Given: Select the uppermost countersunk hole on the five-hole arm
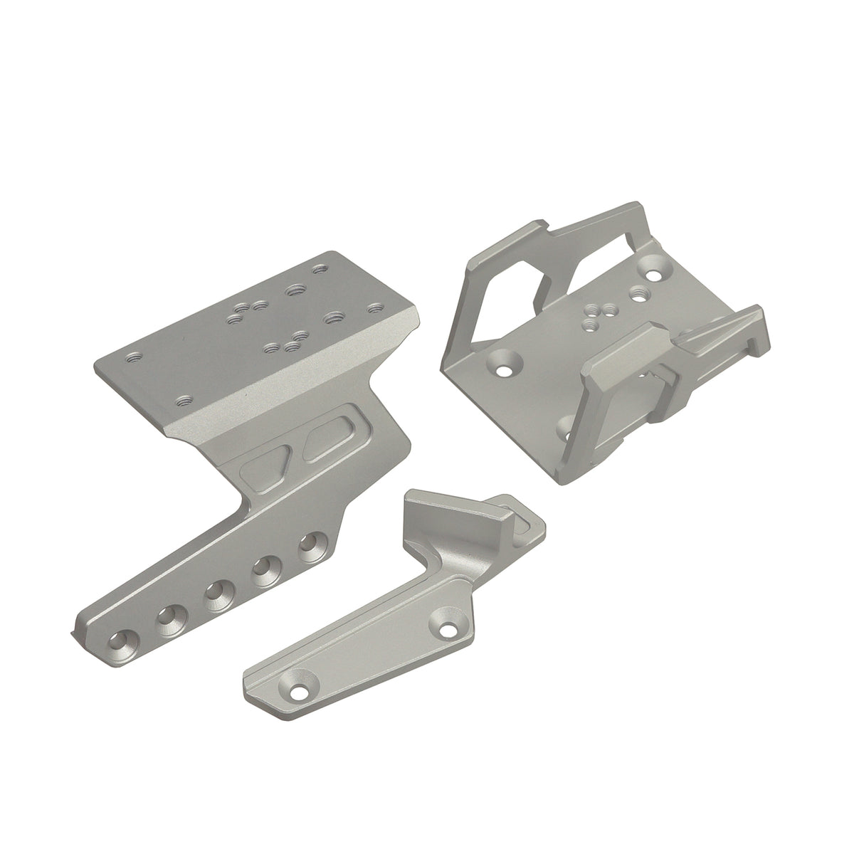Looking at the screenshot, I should click(308, 544).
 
